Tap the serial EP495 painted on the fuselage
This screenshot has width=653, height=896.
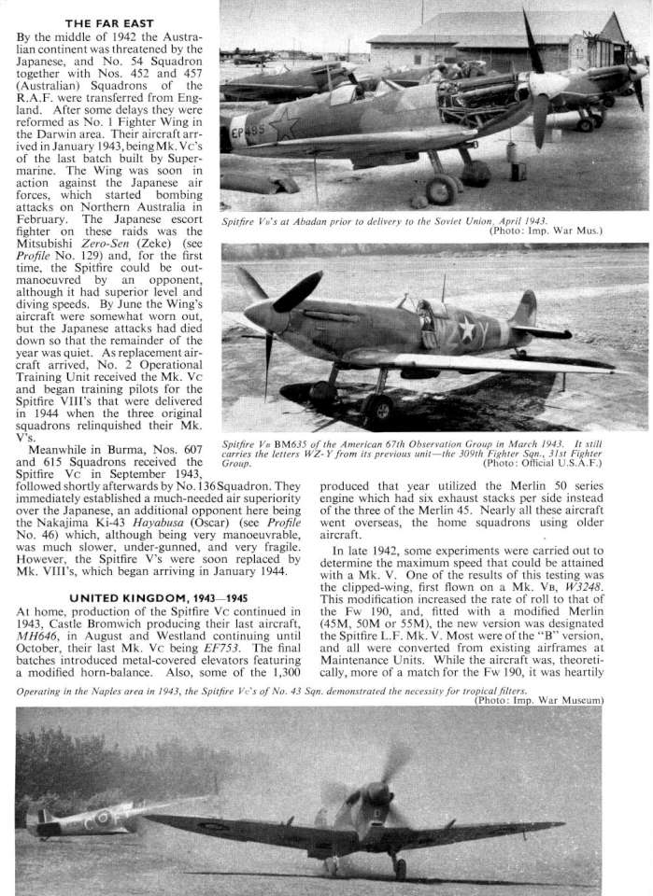[x=247, y=132]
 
